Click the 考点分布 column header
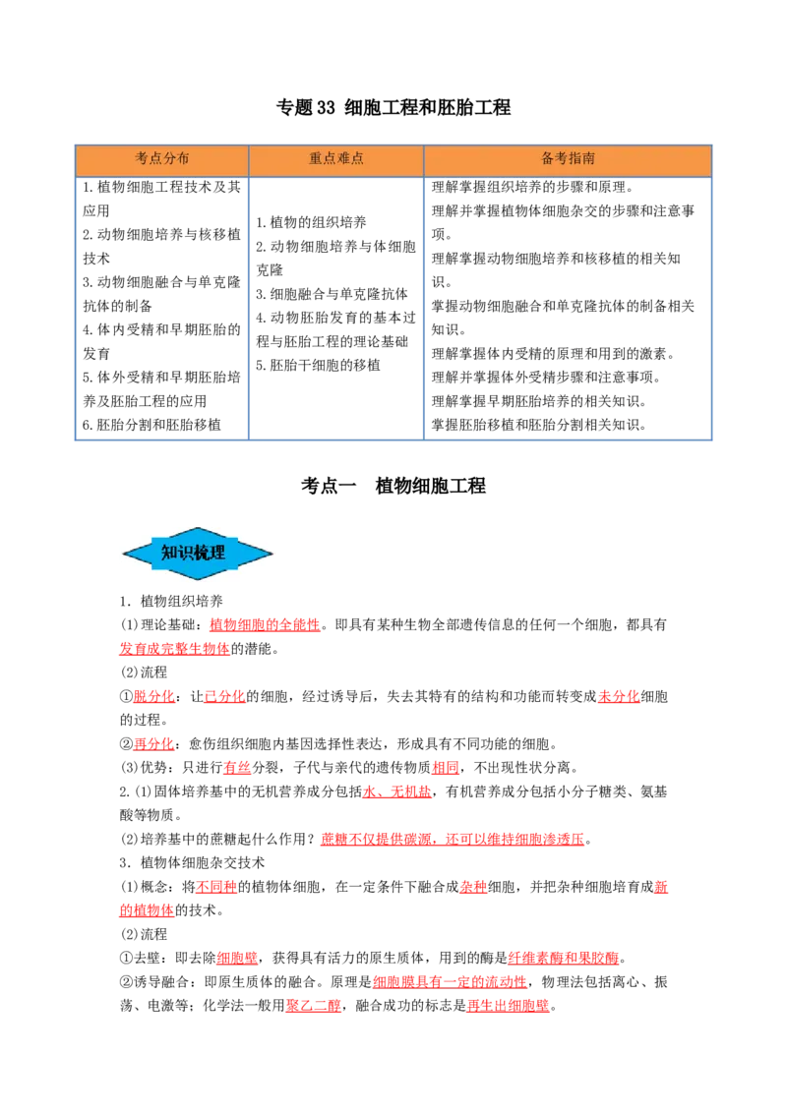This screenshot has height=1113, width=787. pyautogui.click(x=162, y=158)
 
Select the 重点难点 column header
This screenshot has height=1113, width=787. pyautogui.click(x=336, y=158)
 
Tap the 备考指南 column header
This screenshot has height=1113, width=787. pyautogui.click(x=568, y=158)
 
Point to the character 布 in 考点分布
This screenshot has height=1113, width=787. pyautogui.click(x=183, y=158)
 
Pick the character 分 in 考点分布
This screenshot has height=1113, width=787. pyautogui.click(x=169, y=158)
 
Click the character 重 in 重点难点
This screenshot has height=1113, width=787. pyautogui.click(x=316, y=158)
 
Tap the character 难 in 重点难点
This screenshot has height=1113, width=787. pyautogui.click(x=343, y=158)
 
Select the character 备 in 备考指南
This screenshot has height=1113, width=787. pyautogui.click(x=548, y=158)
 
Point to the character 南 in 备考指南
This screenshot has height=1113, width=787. pyautogui.click(x=588, y=158)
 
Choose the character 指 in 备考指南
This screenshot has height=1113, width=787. pyautogui.click(x=575, y=158)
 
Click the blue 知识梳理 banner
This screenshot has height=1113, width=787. pyautogui.click(x=198, y=554)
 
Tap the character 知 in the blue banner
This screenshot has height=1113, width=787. pyautogui.click(x=169, y=553)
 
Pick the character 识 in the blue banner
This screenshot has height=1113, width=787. pyautogui.click(x=186, y=553)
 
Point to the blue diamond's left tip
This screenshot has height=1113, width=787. pyautogui.click(x=124, y=555)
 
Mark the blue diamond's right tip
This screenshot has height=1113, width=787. pyautogui.click(x=272, y=555)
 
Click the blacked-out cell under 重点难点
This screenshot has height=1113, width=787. pyautogui.click(x=335, y=305)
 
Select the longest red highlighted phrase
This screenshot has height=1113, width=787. pyautogui.click(x=453, y=840)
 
